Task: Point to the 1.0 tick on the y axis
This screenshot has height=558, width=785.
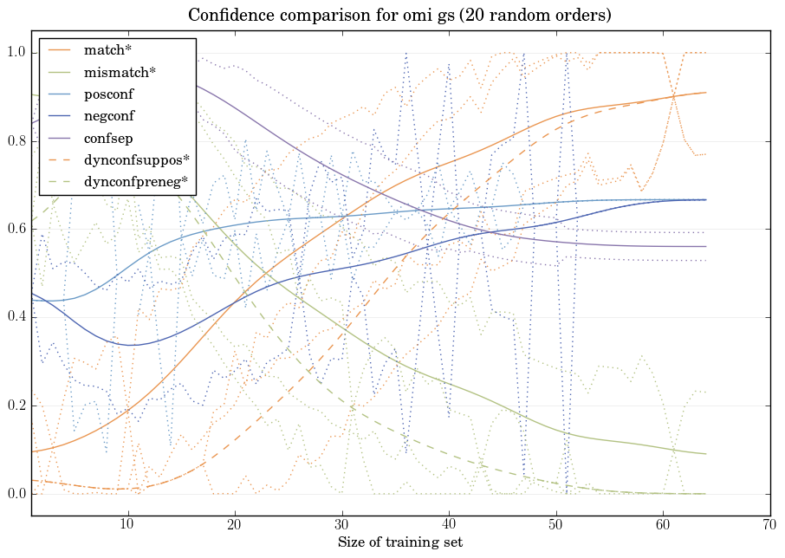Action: click(x=16, y=53)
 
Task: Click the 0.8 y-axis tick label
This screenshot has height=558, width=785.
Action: click(x=16, y=141)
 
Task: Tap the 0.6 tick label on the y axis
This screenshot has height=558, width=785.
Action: click(x=16, y=230)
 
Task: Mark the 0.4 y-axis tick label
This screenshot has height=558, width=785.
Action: click(x=16, y=317)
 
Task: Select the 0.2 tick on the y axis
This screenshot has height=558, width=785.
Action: click(x=16, y=406)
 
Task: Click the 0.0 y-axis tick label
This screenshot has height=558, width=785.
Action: click(x=16, y=494)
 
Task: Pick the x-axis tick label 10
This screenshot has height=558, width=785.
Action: click(x=127, y=524)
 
